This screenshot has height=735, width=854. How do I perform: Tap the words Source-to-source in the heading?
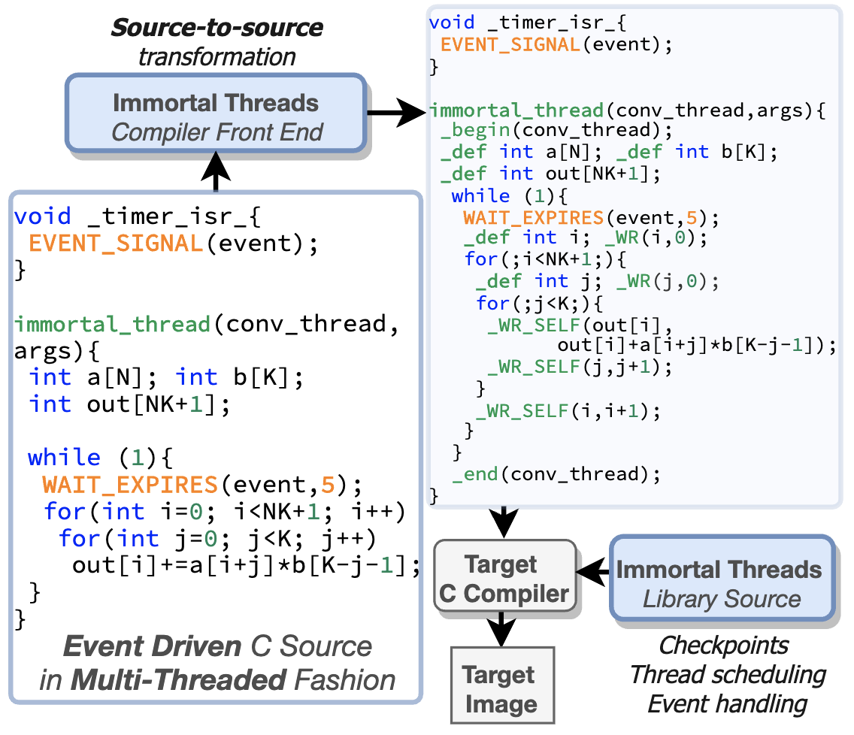click(x=217, y=29)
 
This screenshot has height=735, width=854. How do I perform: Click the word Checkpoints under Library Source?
click(x=723, y=645)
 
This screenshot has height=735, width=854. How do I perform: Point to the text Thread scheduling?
click(x=727, y=674)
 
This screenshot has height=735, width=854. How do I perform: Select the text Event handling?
click(x=727, y=704)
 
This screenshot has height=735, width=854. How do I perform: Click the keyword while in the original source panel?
click(x=64, y=457)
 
